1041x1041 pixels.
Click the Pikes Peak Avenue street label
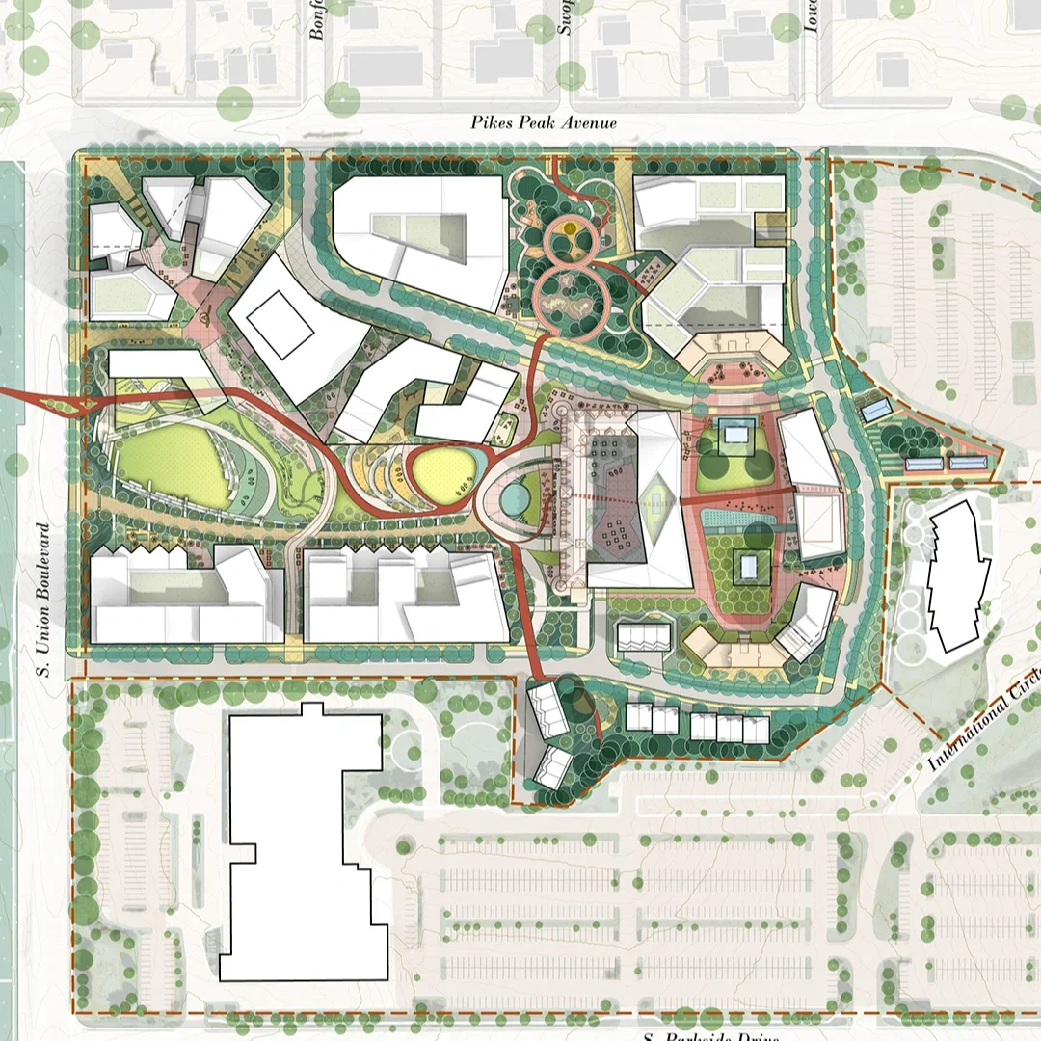coord(544,123)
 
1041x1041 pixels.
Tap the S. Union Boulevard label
coord(43,600)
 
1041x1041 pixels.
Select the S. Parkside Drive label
coord(708,1035)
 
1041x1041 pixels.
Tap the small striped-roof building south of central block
coord(641,636)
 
